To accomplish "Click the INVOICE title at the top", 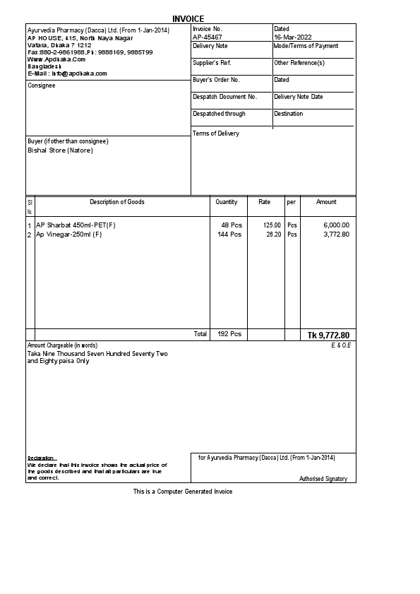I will pos(188,18).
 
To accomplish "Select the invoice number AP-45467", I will pos(208,37).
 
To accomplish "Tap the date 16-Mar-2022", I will pos(292,37).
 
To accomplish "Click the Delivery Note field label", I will pos(210,46).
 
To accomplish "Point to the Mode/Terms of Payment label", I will pos(306,46).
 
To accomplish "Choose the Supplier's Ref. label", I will pos(212,63).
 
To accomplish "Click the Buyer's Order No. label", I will pos(216,80).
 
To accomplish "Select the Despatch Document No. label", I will pos(224,97).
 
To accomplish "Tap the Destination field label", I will pos(288,114).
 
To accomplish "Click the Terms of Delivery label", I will pos(215,133).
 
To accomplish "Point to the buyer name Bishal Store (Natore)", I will pos(60,150).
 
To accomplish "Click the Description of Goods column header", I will pos(116,202).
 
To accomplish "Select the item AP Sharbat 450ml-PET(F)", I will pos(76,225).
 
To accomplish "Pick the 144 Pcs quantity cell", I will pos(229,234).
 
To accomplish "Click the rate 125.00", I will pos(272,225).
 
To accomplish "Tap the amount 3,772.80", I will pos(336,234).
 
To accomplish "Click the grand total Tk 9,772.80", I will pos(328,335).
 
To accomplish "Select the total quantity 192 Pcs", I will pos(229,334).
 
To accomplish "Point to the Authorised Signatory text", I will pos(323,479).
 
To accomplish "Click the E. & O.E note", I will pos(341,345).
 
